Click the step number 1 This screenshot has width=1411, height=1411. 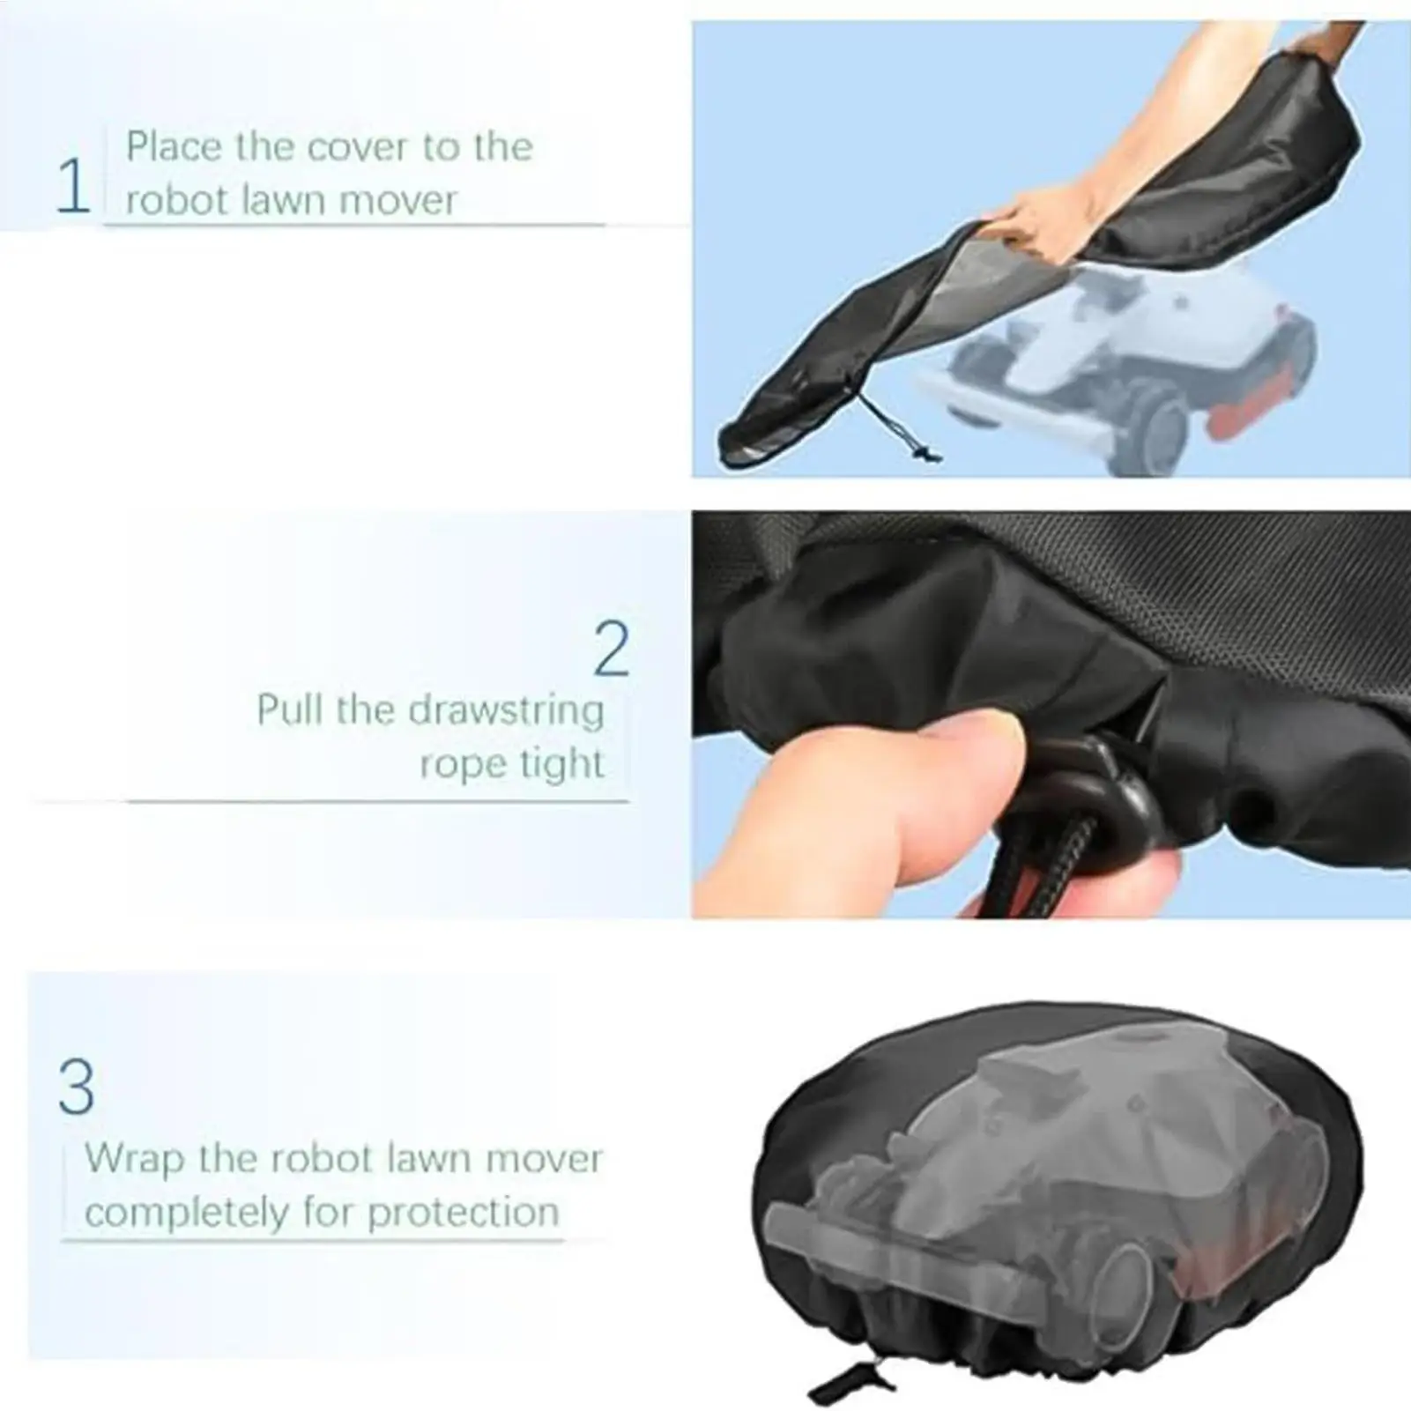point(73,186)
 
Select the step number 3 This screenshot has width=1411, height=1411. point(77,1086)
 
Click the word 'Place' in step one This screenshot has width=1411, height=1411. point(173,146)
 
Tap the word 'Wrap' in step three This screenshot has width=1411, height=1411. point(132,1157)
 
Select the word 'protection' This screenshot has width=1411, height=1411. point(463,1213)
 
